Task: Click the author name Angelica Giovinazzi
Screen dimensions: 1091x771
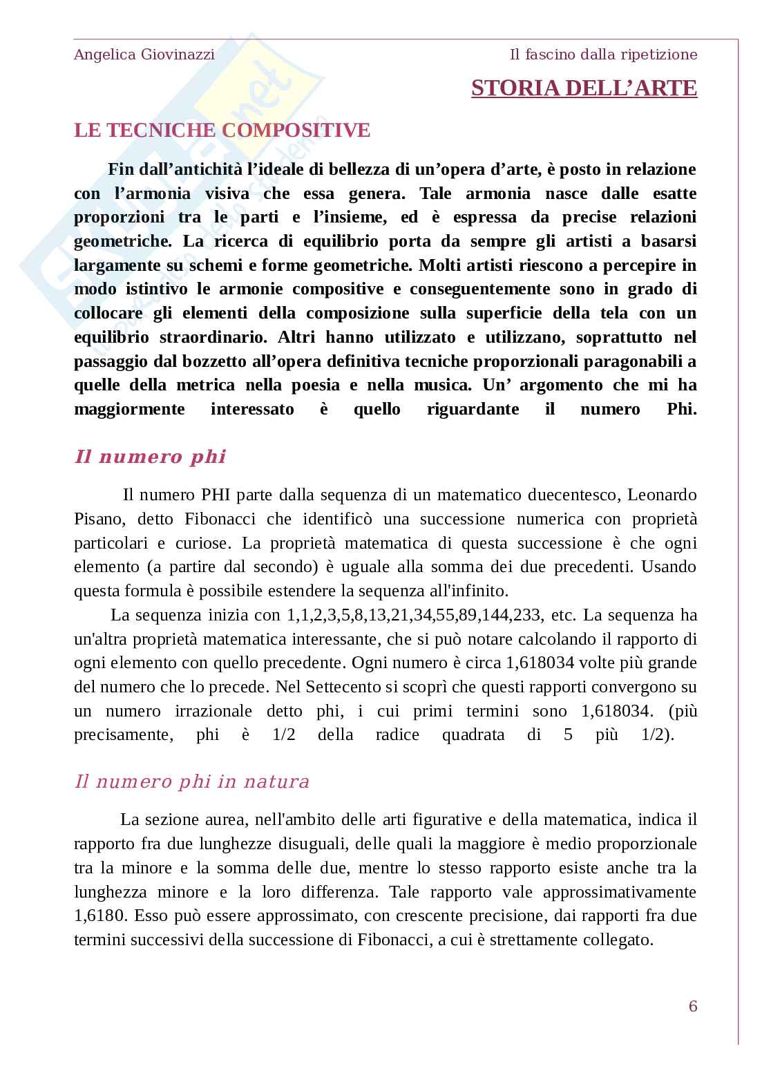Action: [144, 55]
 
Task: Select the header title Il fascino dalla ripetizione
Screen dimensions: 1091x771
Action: [603, 55]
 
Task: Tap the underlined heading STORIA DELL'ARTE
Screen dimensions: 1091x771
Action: [584, 88]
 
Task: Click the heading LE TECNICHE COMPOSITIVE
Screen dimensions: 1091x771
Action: [222, 131]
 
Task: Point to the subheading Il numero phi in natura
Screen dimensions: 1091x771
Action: [191, 782]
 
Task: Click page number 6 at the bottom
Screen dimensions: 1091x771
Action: [693, 1006]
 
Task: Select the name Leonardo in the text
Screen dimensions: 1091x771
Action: [664, 495]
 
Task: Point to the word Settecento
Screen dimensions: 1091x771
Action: [342, 687]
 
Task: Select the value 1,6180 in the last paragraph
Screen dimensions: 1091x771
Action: [100, 916]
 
